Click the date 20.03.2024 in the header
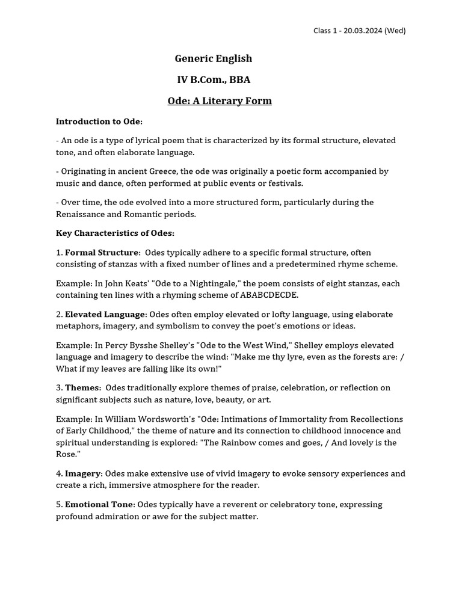(362, 31)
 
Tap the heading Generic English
(214, 58)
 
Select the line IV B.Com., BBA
(214, 79)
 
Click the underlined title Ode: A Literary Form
(220, 100)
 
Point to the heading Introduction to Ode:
(99, 121)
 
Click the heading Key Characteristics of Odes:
(115, 233)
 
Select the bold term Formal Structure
(102, 252)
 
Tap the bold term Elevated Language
(105, 314)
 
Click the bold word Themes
(82, 387)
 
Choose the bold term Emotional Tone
(99, 504)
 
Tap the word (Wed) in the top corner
(395, 31)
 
